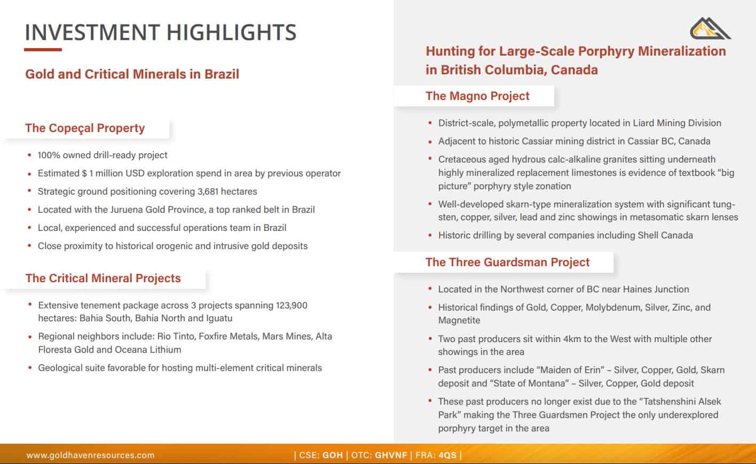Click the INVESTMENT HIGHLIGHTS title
160,32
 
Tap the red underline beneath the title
43,50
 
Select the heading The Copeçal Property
85,128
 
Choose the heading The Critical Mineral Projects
103,279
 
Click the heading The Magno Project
477,96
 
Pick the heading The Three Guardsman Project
507,262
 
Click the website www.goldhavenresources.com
90,455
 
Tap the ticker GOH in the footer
333,455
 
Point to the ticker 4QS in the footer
447,455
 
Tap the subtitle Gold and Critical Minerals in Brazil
132,74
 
